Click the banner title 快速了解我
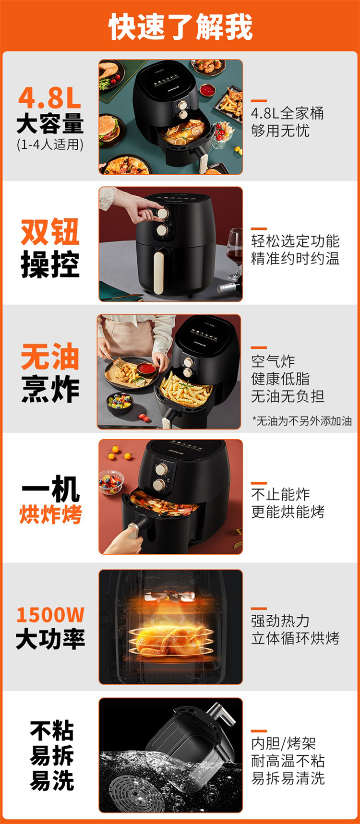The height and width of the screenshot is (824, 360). [x=180, y=27]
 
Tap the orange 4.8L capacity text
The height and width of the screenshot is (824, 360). [x=50, y=98]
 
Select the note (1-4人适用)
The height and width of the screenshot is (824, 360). [x=50, y=144]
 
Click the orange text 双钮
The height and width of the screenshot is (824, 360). [x=50, y=232]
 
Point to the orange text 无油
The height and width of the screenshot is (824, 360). [x=50, y=357]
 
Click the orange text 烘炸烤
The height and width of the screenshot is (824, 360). [x=50, y=514]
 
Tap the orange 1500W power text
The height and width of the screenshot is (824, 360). [x=50, y=615]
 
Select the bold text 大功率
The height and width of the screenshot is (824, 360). [x=50, y=639]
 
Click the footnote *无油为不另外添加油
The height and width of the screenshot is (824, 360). [x=302, y=421]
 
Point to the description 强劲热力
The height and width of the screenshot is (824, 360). [x=280, y=621]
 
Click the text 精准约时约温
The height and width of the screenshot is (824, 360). [x=295, y=258]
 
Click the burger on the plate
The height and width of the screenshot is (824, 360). [x=110, y=129]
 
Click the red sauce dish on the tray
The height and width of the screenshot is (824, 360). [x=146, y=369]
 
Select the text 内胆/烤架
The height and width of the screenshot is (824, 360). [x=283, y=743]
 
